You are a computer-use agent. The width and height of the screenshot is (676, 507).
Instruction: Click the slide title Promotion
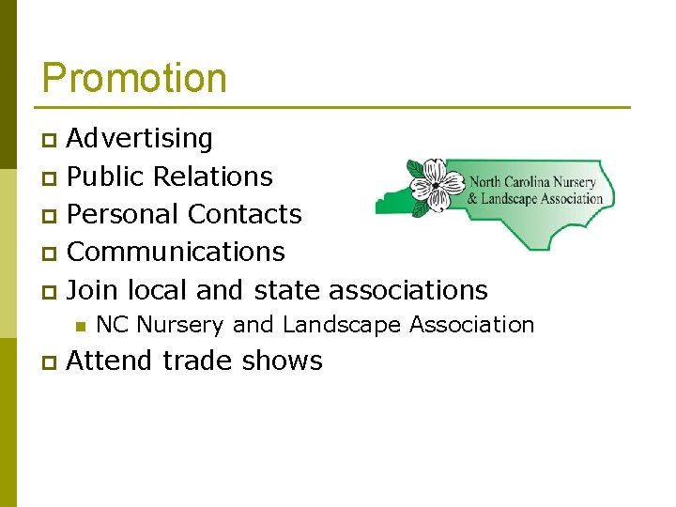(x=134, y=78)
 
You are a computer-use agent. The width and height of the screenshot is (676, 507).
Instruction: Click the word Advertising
(x=140, y=139)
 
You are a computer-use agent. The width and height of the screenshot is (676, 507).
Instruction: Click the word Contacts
(x=244, y=214)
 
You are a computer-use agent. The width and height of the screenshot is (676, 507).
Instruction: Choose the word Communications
(x=176, y=252)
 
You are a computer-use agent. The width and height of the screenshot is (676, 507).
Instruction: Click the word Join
(x=92, y=289)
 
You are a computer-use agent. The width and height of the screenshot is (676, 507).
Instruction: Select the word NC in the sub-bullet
(x=112, y=325)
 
